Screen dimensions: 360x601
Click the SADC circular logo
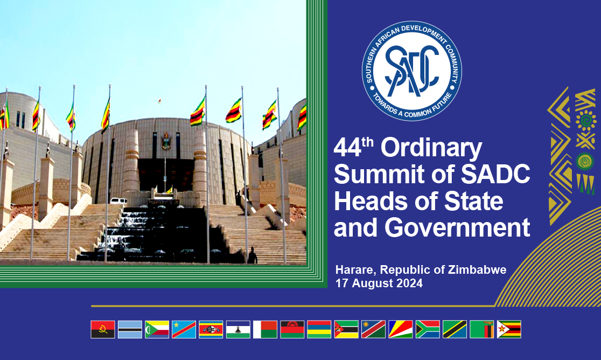tap(412, 71)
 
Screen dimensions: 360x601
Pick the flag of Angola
tap(103, 329)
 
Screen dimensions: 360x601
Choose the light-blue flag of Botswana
tap(130, 329)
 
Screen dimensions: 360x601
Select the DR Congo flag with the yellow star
tap(184, 329)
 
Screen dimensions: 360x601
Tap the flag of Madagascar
tap(265, 329)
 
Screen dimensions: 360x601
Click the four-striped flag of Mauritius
tap(319, 329)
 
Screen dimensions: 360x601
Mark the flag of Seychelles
tap(401, 329)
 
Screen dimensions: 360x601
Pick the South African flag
tap(428, 329)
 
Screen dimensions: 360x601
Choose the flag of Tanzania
tap(455, 329)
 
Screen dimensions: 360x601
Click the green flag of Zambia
tap(481, 329)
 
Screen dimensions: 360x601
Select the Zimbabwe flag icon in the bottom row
tap(509, 329)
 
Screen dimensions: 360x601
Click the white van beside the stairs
tap(118, 201)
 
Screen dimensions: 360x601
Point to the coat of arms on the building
tap(166, 142)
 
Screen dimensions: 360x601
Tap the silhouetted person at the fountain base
tap(251, 255)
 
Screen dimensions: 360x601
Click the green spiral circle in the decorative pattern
tap(585, 161)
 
